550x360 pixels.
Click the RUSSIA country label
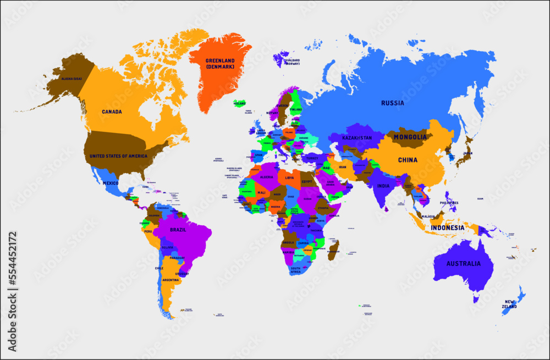393,103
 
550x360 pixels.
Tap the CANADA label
112,112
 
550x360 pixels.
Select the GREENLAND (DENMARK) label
220,63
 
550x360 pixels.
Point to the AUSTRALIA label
463,263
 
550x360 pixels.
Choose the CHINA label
408,160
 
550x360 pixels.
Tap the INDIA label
383,186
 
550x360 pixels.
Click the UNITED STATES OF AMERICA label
119,156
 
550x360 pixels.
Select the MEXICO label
111,182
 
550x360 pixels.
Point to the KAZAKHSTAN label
357,137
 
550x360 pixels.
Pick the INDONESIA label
447,228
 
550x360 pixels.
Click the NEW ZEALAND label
509,304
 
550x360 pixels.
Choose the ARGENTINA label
170,280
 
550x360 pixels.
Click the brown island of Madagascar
334,250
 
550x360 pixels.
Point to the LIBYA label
289,178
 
